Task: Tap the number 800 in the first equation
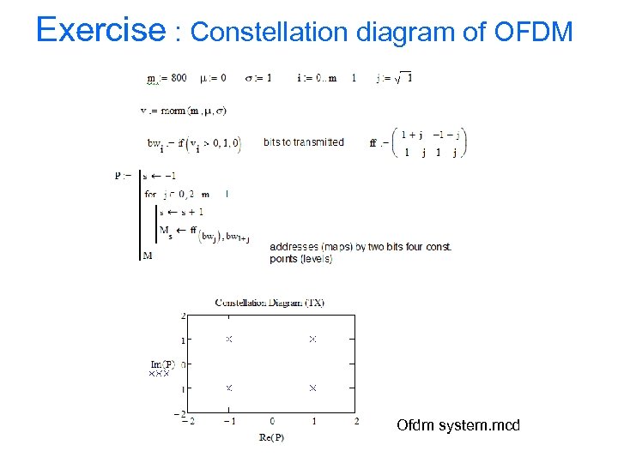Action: pos(178,79)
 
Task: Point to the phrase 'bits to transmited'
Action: pos(304,142)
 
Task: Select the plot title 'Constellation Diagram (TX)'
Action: pos(269,303)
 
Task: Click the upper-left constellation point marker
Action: pos(229,340)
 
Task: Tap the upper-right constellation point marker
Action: pos(312,340)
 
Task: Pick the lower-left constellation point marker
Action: pos(229,388)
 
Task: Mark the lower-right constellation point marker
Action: pos(312,388)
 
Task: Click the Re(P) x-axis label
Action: pos(271,437)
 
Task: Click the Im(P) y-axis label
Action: pos(162,364)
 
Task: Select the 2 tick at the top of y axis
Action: pos(182,316)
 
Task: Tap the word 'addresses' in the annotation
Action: pos(292,247)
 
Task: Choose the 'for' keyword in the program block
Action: pos(151,195)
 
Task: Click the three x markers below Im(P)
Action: pos(160,374)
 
